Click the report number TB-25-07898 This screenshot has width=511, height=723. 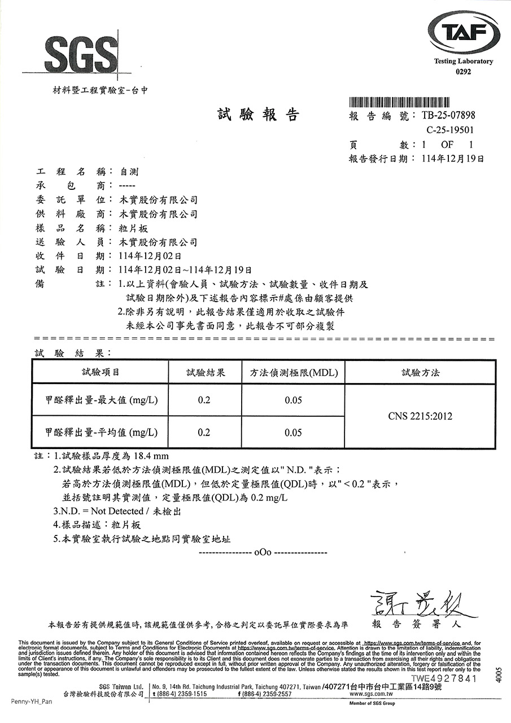tap(448, 116)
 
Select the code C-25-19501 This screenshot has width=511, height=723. tap(451, 130)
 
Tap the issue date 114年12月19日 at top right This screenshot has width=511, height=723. tap(453, 159)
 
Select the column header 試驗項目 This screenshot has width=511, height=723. tap(101, 373)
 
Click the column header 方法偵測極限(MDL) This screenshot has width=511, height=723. tap(293, 373)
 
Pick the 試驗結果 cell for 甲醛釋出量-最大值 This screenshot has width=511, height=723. tap(204, 400)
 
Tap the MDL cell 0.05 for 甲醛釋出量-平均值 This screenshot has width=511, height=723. tap(293, 433)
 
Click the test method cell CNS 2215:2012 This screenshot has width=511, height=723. tap(420, 416)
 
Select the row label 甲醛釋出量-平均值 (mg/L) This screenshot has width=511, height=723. tap(101, 433)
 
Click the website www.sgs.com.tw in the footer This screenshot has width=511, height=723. tap(371, 694)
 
